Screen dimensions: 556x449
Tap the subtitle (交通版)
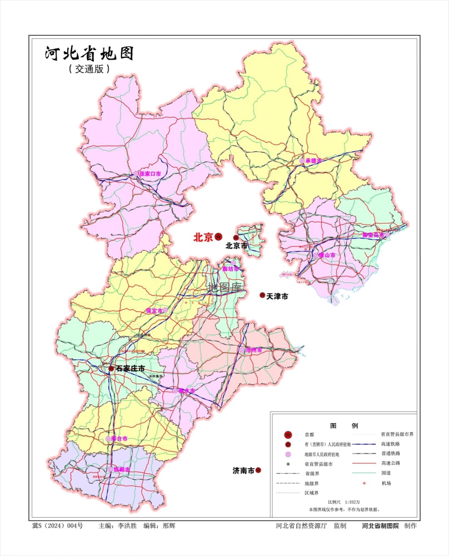[x=89, y=69]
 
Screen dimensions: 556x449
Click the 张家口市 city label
[x=150, y=174]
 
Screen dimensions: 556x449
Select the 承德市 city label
[x=314, y=161]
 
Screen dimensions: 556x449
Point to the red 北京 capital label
[x=203, y=237]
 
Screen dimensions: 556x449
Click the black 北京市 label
[x=236, y=246]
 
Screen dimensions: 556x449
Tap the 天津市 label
[x=277, y=297]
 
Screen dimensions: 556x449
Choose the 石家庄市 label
[x=130, y=369]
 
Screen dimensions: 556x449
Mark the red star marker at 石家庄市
[x=111, y=369]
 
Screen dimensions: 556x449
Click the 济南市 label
[x=243, y=471]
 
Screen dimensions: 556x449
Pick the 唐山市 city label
[x=327, y=256]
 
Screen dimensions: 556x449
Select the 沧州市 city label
[x=253, y=350]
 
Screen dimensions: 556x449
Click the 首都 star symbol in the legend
[x=288, y=435]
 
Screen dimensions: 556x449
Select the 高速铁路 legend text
[x=391, y=444]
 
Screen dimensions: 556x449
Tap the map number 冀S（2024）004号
[x=57, y=525]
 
